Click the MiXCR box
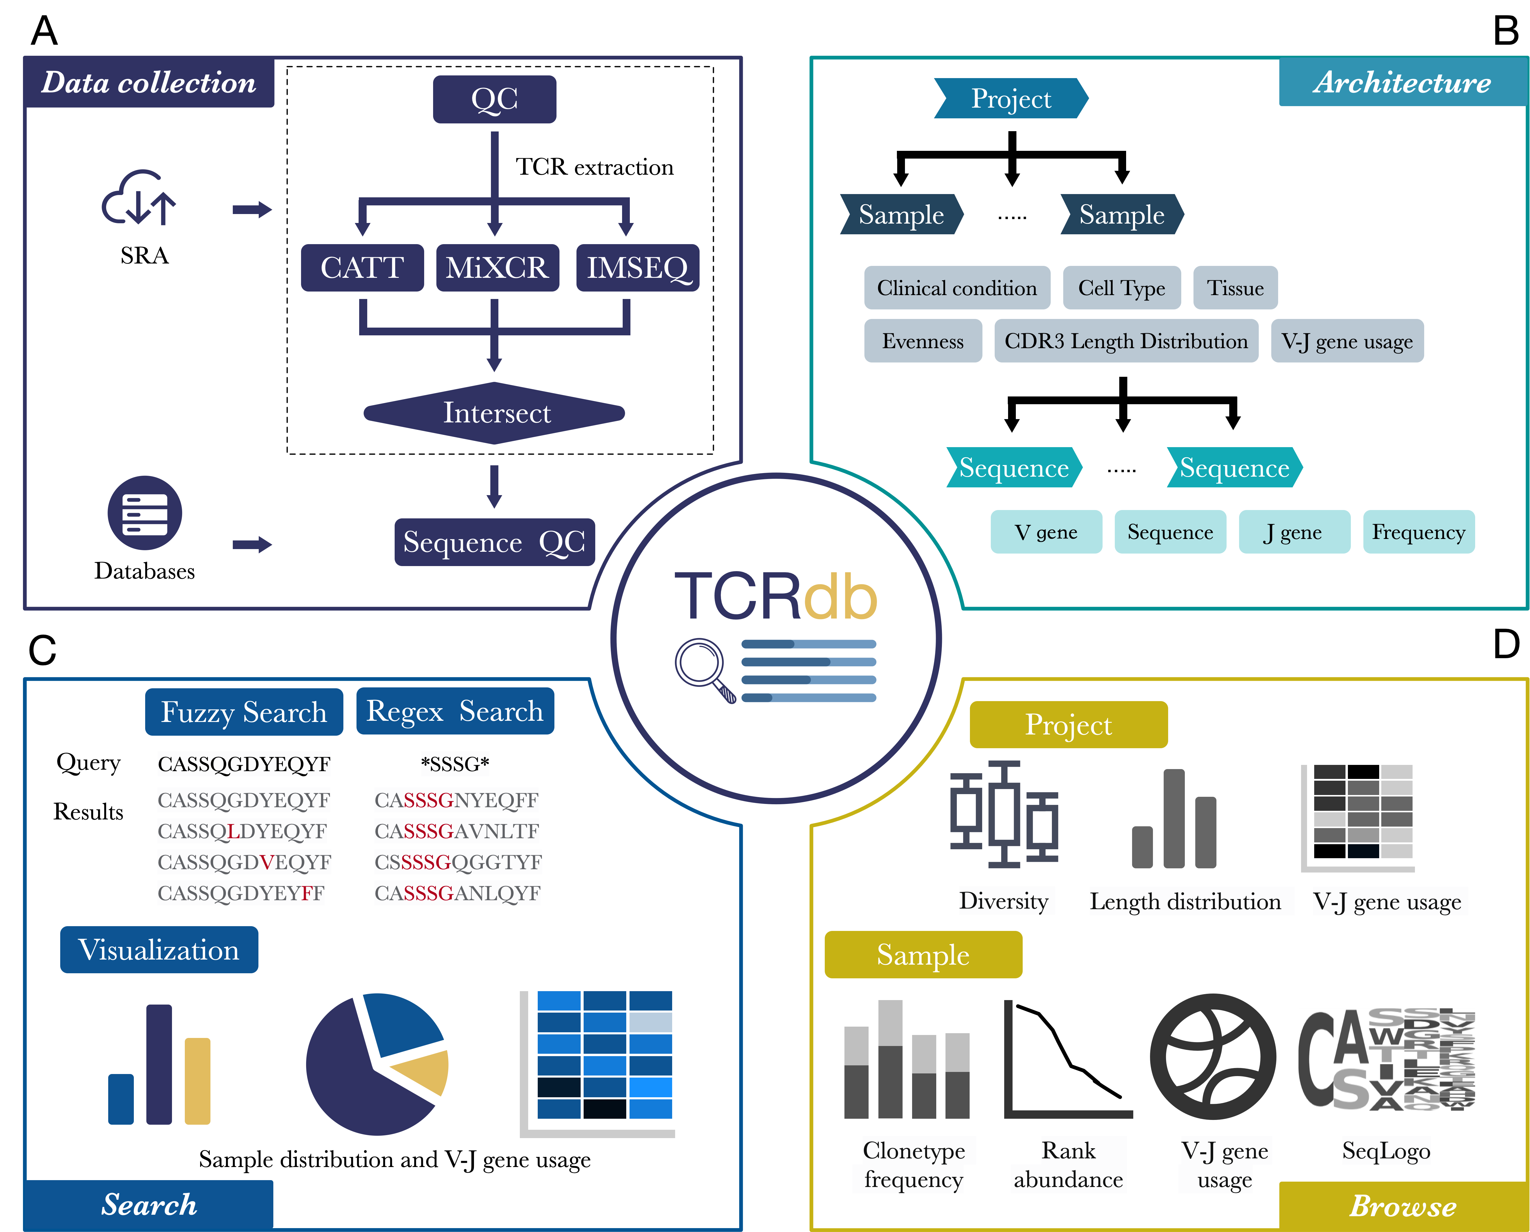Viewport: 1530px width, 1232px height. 497,268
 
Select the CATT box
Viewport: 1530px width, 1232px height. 362,268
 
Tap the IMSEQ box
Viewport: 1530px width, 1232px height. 637,268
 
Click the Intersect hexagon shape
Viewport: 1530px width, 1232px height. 495,413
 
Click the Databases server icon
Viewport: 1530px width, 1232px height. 145,512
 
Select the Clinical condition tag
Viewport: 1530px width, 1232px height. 957,288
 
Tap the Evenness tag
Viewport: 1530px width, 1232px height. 923,341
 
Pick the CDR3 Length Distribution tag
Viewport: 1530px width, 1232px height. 1126,341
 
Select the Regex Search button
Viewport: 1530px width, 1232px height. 455,711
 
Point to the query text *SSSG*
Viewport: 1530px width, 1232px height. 455,764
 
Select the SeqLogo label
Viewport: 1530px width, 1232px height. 1385,1150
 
